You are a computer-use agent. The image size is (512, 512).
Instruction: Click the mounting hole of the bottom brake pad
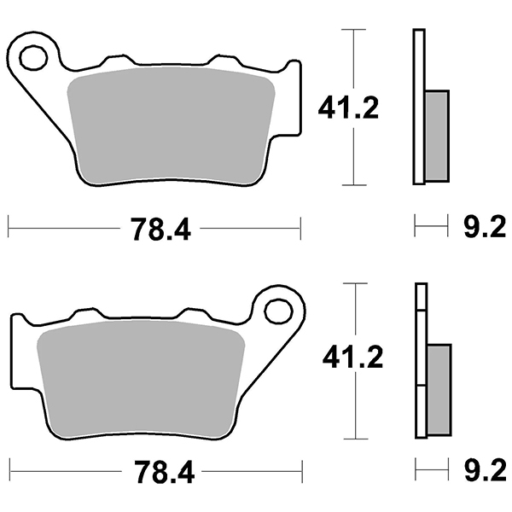(x=277, y=311)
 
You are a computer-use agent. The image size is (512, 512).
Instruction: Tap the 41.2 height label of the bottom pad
(x=352, y=358)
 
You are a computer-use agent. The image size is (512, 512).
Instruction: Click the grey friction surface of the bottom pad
(x=141, y=375)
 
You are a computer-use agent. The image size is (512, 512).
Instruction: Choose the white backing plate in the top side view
(x=418, y=107)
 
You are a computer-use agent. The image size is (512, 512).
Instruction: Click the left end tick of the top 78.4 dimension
(x=9, y=228)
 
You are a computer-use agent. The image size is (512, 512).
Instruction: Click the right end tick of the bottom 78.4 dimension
(x=302, y=470)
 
